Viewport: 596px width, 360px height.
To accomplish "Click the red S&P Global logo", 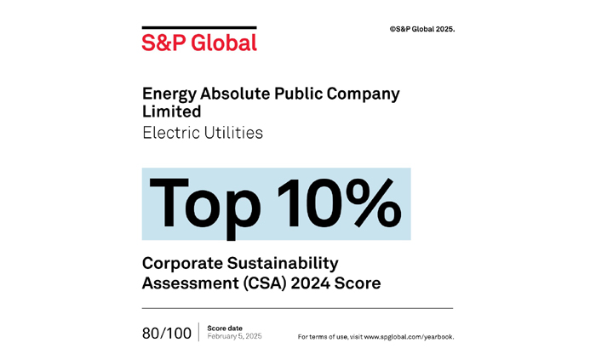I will pyautogui.click(x=199, y=42).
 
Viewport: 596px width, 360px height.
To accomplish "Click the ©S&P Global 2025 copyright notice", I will pyautogui.click(x=421, y=29).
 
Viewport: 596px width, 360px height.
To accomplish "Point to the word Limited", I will pyautogui.click(x=171, y=111).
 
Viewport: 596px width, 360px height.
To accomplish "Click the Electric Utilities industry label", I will pyautogui.click(x=202, y=133).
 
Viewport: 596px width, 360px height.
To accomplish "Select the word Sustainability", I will pyautogui.click(x=281, y=264).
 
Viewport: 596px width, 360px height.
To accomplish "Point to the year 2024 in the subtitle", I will pyautogui.click(x=308, y=283).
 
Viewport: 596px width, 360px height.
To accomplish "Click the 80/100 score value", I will pyautogui.click(x=167, y=334).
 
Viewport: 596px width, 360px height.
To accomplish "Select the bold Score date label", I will pyautogui.click(x=224, y=328).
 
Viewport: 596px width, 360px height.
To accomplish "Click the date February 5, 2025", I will pyautogui.click(x=234, y=337).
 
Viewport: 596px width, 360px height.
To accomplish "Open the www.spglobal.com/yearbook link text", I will pyautogui.click(x=409, y=337).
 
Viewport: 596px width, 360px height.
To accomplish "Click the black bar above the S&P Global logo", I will pyautogui.click(x=199, y=28).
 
